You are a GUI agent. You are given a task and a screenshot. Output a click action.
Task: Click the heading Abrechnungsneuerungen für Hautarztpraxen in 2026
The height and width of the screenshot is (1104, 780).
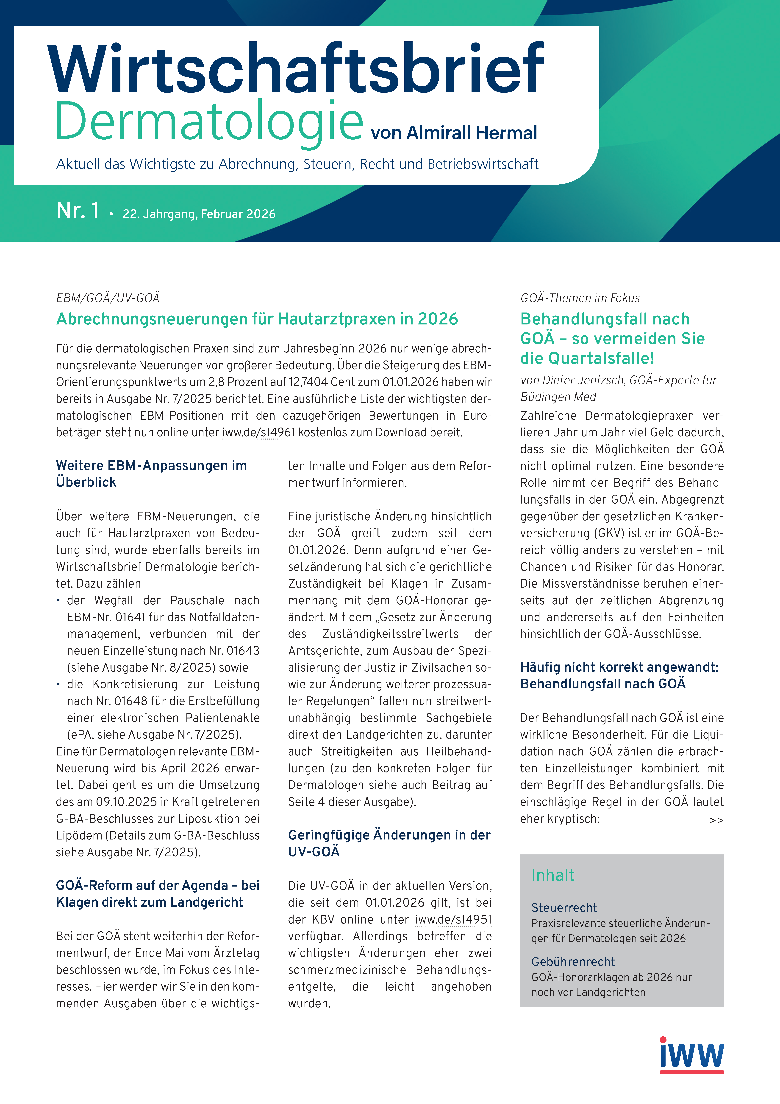(257, 319)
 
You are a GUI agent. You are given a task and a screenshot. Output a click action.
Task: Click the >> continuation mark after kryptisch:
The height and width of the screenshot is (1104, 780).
(716, 820)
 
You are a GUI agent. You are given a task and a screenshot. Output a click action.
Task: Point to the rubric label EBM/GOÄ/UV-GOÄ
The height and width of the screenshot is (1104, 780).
(108, 298)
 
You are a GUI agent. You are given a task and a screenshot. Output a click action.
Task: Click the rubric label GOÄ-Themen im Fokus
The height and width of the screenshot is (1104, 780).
(580, 298)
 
